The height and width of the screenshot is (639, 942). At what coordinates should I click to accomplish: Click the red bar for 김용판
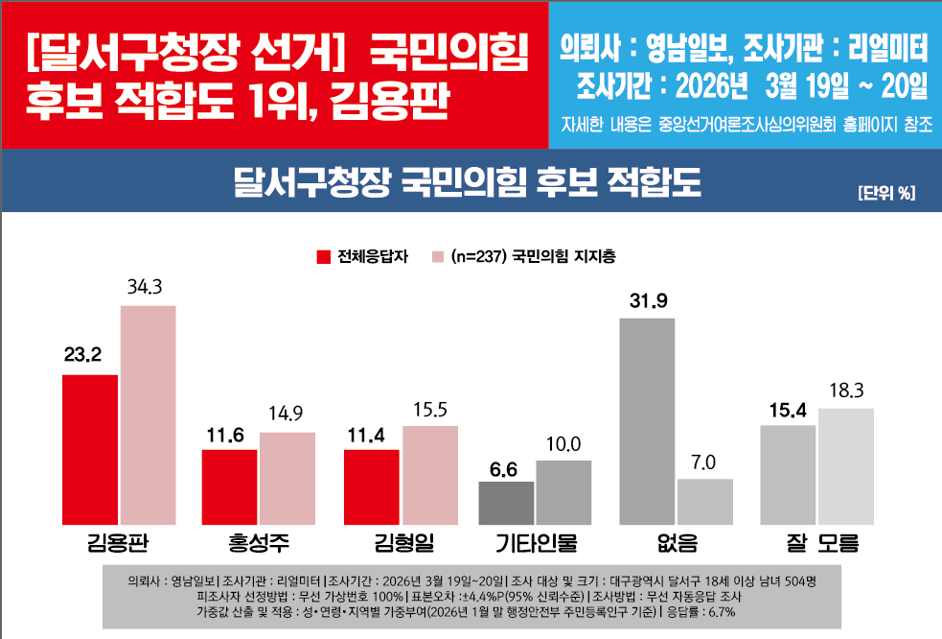(x=90, y=449)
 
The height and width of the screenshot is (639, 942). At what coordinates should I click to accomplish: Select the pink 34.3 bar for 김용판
(x=148, y=414)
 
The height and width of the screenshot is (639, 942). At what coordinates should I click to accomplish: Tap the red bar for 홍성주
(x=229, y=486)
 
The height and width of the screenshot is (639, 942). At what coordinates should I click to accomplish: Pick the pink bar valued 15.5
(x=429, y=475)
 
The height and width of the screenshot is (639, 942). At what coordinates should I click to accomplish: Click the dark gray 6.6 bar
(x=506, y=503)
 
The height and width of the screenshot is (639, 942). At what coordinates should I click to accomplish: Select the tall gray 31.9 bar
(x=648, y=421)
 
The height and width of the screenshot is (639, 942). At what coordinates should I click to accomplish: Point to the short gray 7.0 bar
(x=704, y=502)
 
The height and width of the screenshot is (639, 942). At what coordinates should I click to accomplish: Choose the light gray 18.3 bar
(x=846, y=466)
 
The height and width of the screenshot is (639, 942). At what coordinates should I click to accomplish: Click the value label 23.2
(x=83, y=356)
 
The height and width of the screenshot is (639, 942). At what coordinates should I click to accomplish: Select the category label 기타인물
(x=536, y=545)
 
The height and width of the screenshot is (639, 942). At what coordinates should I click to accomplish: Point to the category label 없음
(x=676, y=545)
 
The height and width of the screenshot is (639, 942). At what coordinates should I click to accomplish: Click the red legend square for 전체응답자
(x=324, y=257)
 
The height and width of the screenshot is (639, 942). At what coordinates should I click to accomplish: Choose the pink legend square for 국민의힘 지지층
(x=438, y=257)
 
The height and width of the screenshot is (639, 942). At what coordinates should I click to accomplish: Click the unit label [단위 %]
(x=886, y=193)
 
